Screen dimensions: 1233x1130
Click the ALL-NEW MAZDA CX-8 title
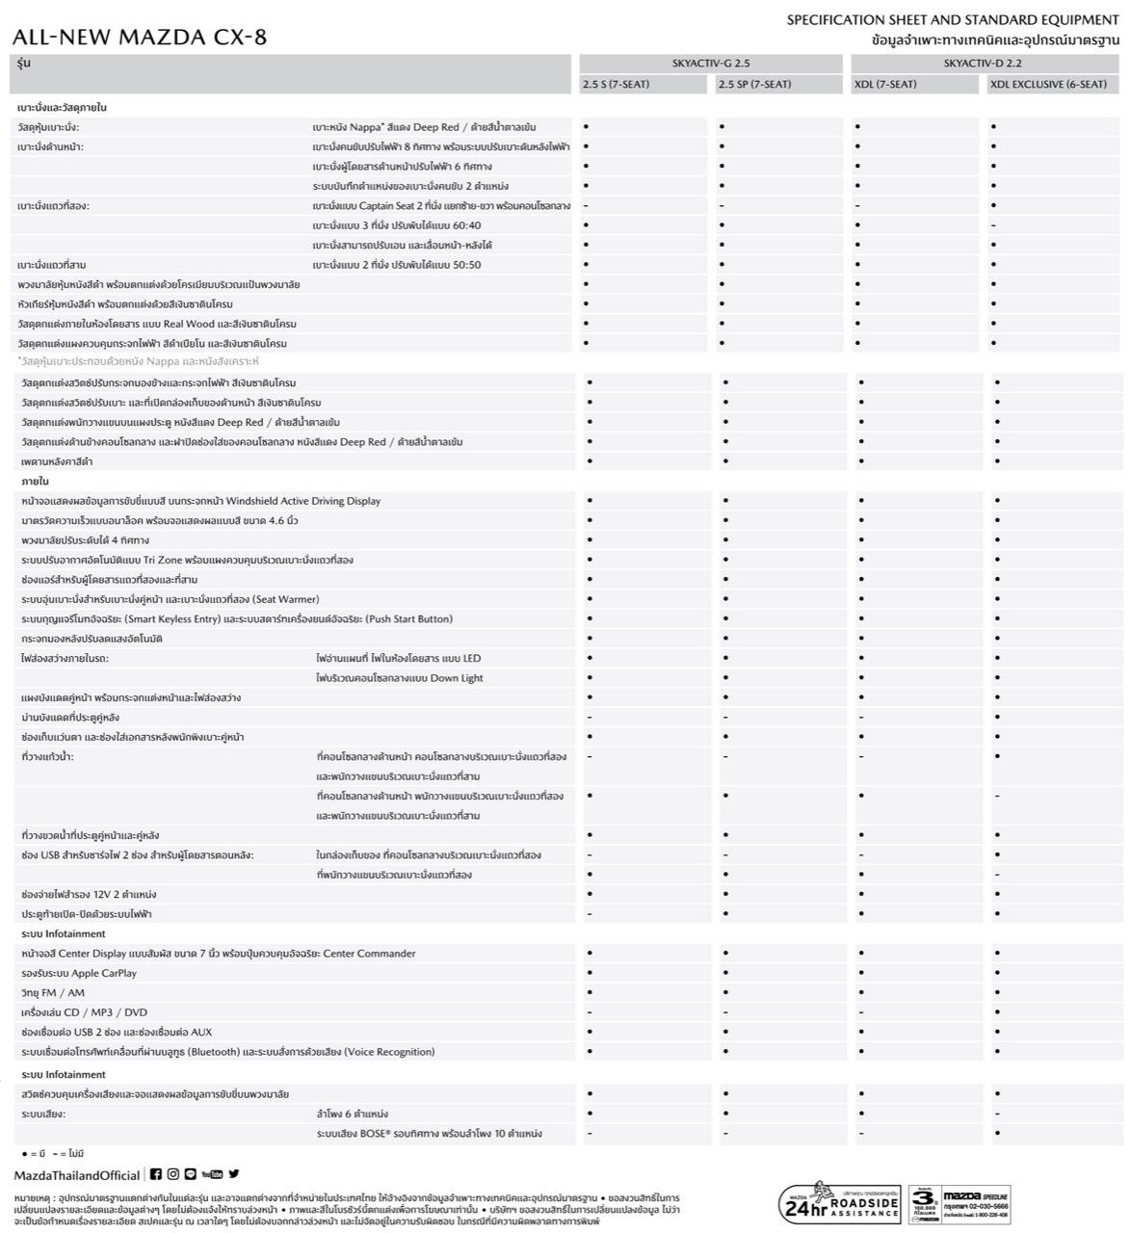tap(140, 38)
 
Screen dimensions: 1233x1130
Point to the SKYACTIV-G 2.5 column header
tap(711, 64)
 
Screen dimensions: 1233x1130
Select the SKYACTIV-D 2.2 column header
tap(983, 64)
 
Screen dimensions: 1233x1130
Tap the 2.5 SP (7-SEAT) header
tap(754, 85)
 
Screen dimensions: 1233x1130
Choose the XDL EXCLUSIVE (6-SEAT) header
tap(1048, 85)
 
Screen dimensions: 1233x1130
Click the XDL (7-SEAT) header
tap(885, 85)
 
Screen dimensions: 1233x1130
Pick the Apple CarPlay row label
tap(79, 973)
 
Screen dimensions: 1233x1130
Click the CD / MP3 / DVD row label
tap(84, 1012)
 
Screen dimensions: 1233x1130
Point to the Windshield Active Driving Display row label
tap(200, 501)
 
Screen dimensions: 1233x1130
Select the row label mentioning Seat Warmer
tap(171, 599)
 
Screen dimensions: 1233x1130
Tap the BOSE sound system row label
tap(429, 1134)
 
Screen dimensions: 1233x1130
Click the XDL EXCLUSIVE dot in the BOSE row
tap(997, 1134)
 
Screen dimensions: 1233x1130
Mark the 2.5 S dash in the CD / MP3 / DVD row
tap(589, 1012)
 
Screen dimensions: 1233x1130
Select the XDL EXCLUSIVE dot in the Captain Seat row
tap(993, 206)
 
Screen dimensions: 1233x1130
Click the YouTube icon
tap(212, 1174)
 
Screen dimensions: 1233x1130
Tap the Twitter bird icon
tap(234, 1174)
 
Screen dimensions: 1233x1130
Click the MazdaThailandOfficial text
tap(77, 1175)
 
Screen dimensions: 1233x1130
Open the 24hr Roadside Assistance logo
tap(839, 1203)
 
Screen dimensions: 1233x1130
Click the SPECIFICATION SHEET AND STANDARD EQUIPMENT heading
tap(953, 20)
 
